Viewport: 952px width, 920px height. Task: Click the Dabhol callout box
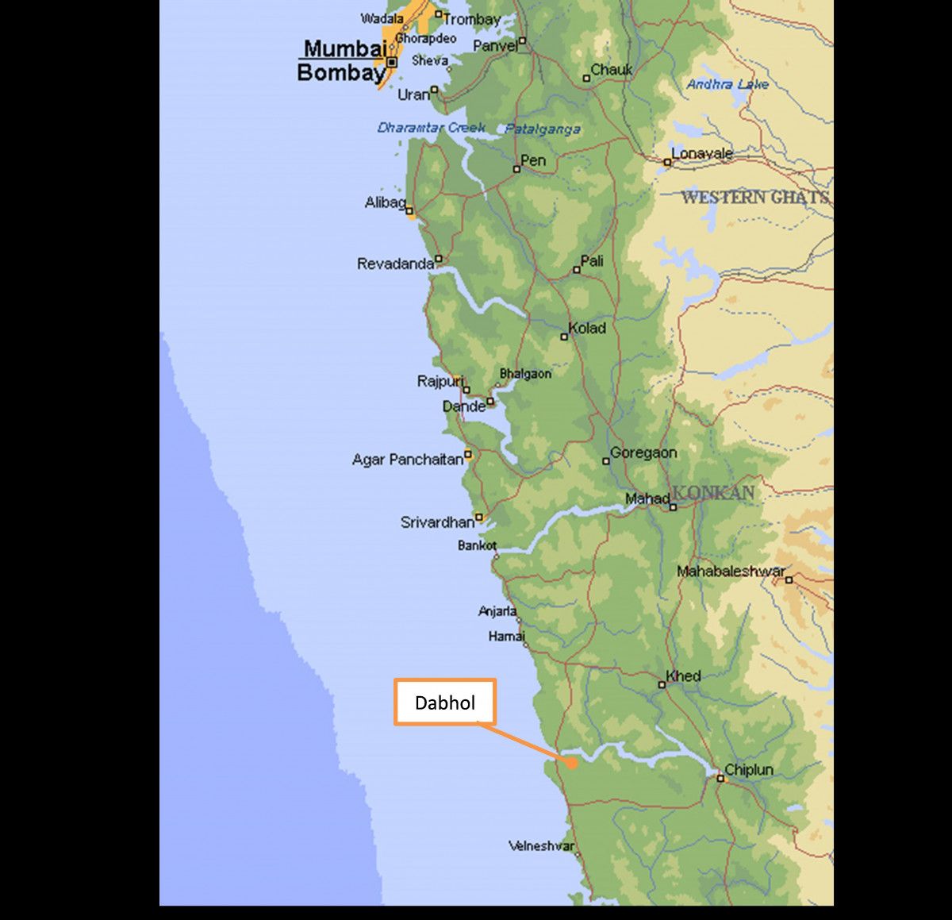(x=445, y=702)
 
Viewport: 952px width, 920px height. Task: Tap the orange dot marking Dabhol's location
(x=571, y=763)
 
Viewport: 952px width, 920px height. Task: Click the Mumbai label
(x=344, y=48)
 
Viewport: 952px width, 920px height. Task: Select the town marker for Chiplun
(x=720, y=778)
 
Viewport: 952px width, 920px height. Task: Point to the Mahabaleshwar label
(x=731, y=571)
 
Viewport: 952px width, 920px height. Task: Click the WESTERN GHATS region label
(x=754, y=197)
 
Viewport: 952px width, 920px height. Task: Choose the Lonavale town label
(x=702, y=153)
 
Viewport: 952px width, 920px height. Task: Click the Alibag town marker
(x=409, y=211)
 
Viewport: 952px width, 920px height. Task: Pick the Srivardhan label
(x=437, y=522)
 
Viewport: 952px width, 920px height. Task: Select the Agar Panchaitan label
(x=408, y=460)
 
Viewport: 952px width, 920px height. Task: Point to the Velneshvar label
(x=541, y=846)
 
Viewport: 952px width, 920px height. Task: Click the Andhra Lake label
(x=727, y=83)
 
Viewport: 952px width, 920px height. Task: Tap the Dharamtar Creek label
(x=432, y=128)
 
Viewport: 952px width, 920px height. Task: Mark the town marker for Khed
(x=662, y=684)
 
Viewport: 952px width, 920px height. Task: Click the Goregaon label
(x=643, y=452)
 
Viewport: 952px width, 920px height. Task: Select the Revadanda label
(x=395, y=264)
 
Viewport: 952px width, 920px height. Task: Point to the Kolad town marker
(x=564, y=337)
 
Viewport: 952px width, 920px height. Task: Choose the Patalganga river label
(x=543, y=129)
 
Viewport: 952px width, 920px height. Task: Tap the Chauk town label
(x=612, y=70)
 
